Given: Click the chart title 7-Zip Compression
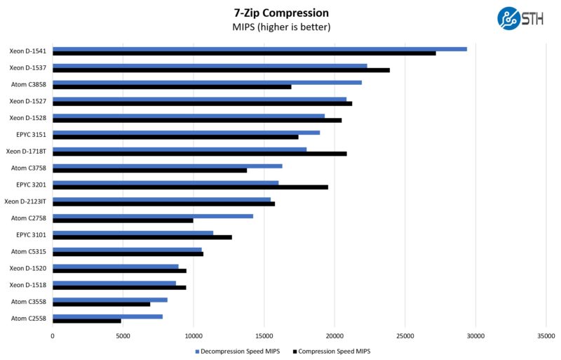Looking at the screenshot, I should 280,13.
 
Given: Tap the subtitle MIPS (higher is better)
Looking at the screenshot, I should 280,27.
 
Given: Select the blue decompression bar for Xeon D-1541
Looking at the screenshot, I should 259,49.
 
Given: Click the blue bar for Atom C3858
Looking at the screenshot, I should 207,82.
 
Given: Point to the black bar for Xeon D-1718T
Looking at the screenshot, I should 199,154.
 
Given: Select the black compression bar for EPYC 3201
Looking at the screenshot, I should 190,187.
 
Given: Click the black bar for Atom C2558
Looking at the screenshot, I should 87,321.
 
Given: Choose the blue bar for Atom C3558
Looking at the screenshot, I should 109,300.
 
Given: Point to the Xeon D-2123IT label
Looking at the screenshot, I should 25,201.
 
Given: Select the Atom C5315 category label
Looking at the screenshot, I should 29,251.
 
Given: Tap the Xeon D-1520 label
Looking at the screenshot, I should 28,268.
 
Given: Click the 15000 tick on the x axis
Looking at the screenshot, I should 264,335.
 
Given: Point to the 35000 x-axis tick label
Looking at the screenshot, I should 546,335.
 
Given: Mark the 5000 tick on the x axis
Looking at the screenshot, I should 123,335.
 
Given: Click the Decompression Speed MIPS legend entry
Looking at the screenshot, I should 239,351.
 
